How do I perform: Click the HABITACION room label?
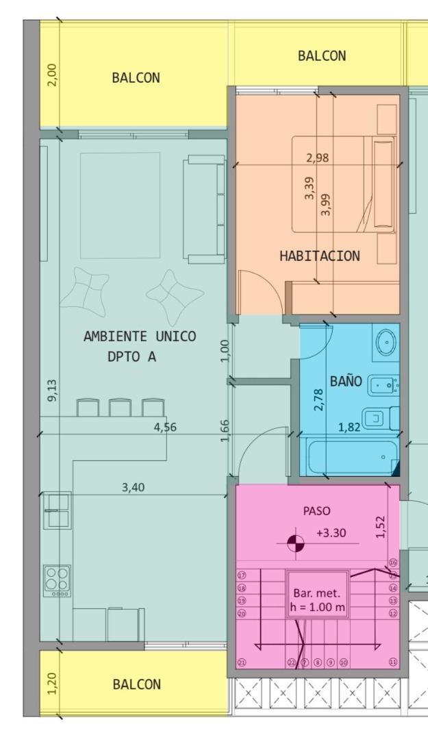coord(319,256)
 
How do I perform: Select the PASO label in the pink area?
coord(316,510)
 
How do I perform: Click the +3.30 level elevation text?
coord(331,533)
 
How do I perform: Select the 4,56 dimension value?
coord(165,428)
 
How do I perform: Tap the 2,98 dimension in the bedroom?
coord(317,158)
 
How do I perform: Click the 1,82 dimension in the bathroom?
coord(349,428)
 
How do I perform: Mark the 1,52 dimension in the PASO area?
coord(381,527)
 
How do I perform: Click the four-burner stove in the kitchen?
coord(56,580)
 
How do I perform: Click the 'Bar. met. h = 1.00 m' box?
coord(316,600)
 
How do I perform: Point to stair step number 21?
coord(242,663)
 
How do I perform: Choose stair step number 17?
coord(242,576)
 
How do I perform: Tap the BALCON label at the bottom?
coord(137,684)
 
